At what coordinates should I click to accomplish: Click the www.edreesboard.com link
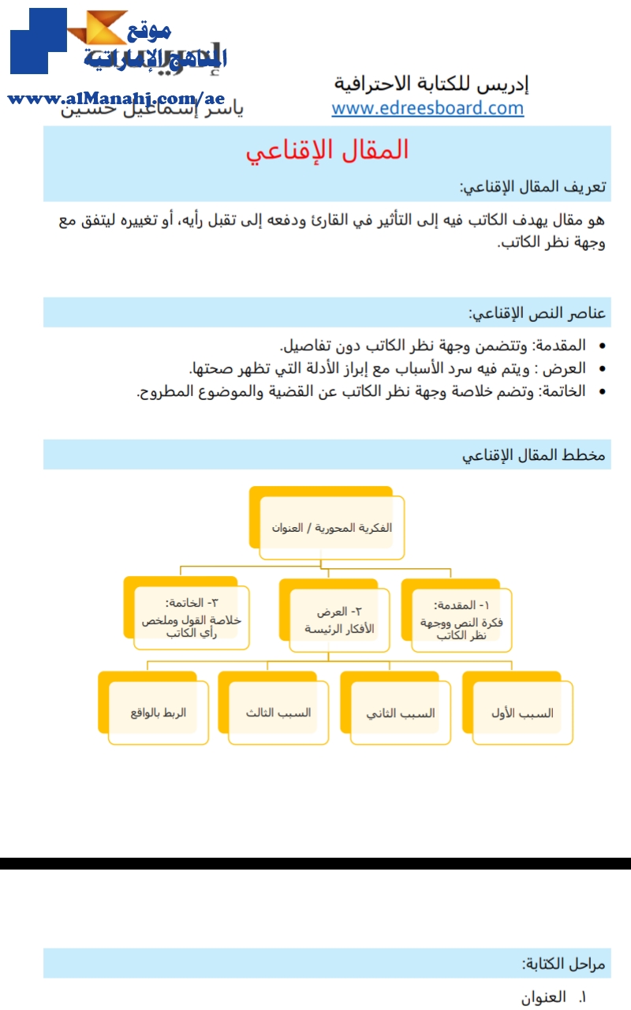[428, 108]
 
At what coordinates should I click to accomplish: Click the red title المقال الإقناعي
[327, 150]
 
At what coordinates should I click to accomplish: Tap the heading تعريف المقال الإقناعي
[532, 187]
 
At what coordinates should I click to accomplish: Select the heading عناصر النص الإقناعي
[537, 313]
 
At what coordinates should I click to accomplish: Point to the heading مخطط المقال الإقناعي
[533, 455]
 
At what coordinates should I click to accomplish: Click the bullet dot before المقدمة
[603, 346]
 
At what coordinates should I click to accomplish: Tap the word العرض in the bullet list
[568, 368]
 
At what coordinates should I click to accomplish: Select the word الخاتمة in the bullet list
[564, 391]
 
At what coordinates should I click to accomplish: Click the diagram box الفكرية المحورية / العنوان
[331, 527]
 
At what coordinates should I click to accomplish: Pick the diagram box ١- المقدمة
[461, 619]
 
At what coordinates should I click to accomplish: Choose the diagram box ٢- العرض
[340, 619]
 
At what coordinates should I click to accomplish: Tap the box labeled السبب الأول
[521, 713]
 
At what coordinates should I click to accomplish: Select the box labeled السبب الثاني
[401, 713]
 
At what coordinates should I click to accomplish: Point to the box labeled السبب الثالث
[278, 713]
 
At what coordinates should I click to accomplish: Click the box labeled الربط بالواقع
[159, 713]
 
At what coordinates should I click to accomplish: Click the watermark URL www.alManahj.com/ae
[116, 99]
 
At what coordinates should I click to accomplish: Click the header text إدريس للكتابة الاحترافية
[431, 83]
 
